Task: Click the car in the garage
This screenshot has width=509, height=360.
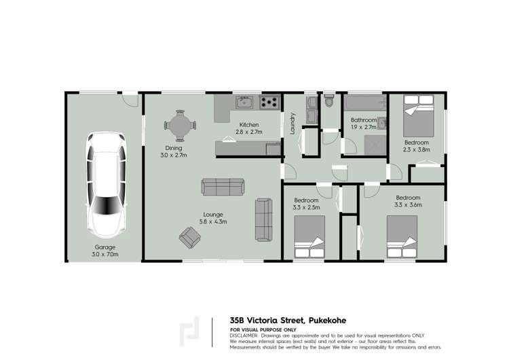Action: [107, 181]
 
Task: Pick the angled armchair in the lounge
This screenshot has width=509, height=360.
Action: [191, 237]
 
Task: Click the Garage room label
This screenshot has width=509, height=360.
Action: [105, 247]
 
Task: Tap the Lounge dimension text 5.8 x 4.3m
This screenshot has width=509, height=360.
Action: [212, 221]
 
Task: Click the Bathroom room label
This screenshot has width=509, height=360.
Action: [363, 120]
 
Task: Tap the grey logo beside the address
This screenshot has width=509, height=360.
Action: [190, 331]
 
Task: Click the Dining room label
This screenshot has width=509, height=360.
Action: [173, 148]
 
